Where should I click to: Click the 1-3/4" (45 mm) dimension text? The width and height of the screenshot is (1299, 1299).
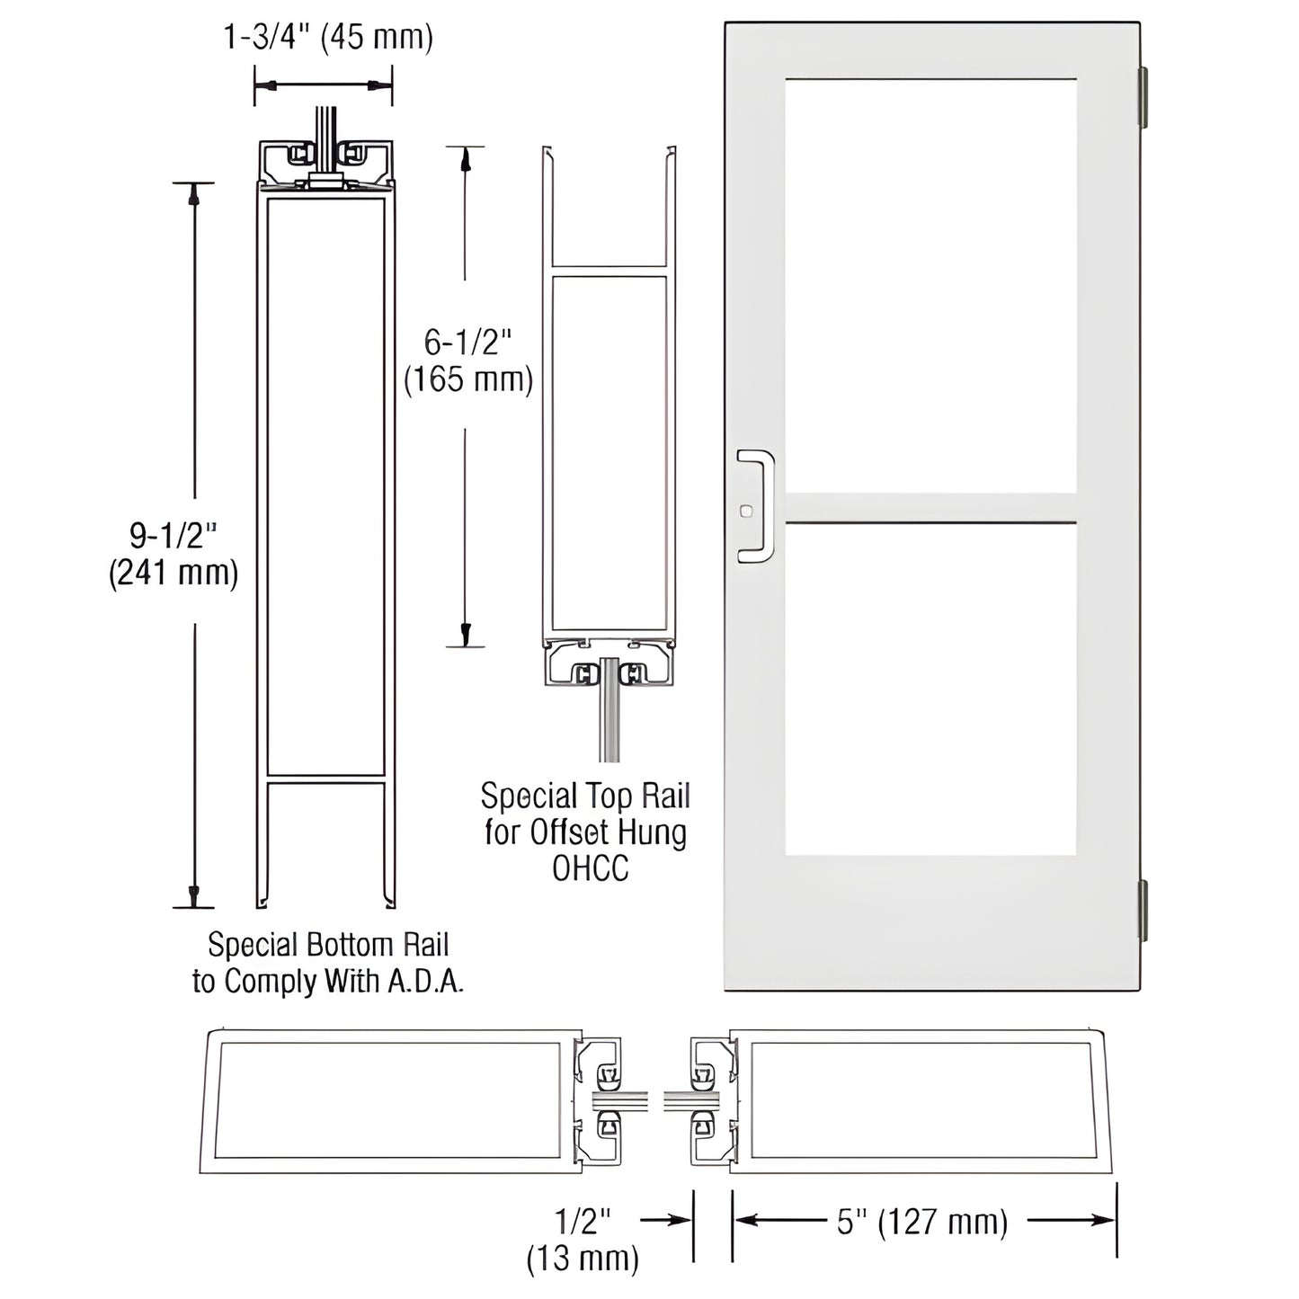click(328, 38)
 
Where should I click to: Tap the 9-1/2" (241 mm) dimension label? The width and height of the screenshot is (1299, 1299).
click(173, 555)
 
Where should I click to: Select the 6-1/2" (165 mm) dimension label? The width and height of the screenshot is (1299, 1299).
click(467, 360)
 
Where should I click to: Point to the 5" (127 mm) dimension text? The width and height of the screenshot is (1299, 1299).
click(922, 1222)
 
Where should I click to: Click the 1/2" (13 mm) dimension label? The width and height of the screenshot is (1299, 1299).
click(583, 1238)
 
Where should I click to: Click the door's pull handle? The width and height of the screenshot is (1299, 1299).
click(757, 506)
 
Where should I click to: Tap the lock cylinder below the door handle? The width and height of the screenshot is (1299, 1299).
click(744, 512)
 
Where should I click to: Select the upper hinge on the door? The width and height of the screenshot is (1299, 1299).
click(1143, 97)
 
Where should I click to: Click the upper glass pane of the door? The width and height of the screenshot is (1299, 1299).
click(930, 285)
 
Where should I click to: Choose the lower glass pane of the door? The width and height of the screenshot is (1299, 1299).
click(930, 689)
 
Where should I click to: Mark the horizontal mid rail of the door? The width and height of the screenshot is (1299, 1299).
click(930, 508)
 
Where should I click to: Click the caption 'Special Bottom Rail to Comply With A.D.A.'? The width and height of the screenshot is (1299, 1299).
click(328, 963)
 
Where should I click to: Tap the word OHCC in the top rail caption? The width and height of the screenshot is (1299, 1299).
click(590, 869)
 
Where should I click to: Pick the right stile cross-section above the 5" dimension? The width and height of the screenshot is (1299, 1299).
click(922, 1101)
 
